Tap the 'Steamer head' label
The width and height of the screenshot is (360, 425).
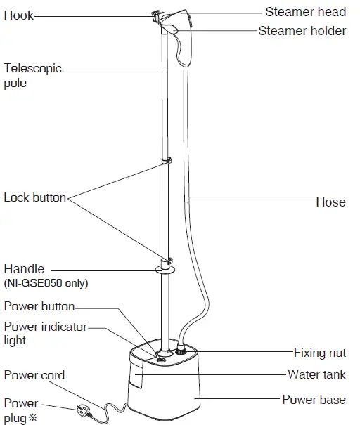click(305, 12)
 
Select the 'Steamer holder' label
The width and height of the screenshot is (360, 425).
click(302, 30)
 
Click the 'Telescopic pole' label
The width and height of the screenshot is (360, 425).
click(32, 76)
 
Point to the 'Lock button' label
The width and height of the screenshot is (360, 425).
click(34, 197)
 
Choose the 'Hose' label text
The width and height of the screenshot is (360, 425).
click(330, 202)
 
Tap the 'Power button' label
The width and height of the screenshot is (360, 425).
click(39, 306)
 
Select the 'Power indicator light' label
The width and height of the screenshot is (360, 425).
click(45, 333)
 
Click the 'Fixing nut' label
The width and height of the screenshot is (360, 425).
click(319, 352)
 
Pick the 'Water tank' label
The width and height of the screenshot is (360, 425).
click(316, 374)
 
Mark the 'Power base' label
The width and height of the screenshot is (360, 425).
click(314, 400)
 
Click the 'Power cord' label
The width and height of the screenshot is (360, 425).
click(34, 375)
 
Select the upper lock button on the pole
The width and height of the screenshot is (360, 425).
click(167, 162)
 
